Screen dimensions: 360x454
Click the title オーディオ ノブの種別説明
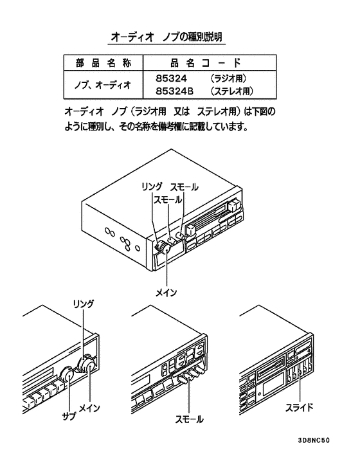pos(166,37)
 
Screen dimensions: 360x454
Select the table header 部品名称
pos(104,63)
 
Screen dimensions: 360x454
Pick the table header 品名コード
pos(206,63)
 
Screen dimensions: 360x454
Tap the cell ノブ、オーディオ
pos(103,85)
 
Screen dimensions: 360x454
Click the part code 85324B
pos(174,91)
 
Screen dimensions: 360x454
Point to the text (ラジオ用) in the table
pos(228,78)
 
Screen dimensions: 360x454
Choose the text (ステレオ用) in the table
pos(231,91)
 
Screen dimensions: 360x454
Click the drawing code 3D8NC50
pos(314,440)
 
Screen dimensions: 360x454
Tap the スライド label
pos(299,408)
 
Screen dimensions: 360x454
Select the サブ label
pos(69,416)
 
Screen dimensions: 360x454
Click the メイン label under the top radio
pos(166,293)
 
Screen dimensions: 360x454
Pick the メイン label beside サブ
pos(90,408)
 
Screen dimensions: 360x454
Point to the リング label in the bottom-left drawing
pos(84,304)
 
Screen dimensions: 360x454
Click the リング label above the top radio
pos(152,186)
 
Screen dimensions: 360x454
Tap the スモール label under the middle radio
pos(189,419)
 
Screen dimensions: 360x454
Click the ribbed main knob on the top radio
pos(165,248)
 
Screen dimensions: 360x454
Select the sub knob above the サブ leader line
pos(68,375)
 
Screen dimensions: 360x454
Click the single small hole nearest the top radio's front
pos(138,248)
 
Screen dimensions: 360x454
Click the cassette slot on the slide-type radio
pos(269,369)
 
